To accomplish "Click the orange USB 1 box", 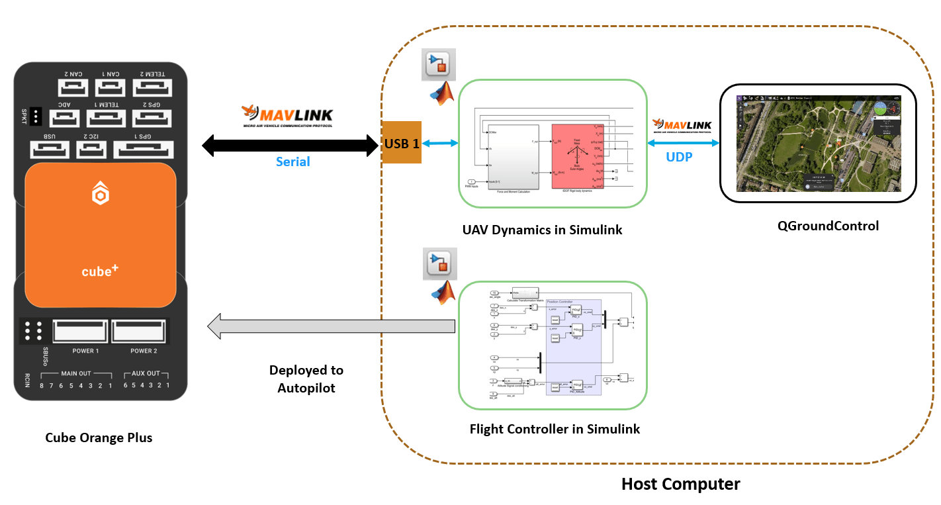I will pyautogui.click(x=402, y=142).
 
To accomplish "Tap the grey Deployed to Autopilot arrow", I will pyautogui.click(x=331, y=326).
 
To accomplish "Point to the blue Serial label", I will pyautogui.click(x=292, y=161).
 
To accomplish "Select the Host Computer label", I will pyautogui.click(x=680, y=484).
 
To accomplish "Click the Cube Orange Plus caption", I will pyautogui.click(x=99, y=437).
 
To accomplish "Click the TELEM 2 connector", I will pyautogui.click(x=153, y=87).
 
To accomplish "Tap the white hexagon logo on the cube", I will pyautogui.click(x=100, y=195).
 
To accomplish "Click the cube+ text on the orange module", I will pyautogui.click(x=100, y=271).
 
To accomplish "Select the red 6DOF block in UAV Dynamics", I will pyautogui.click(x=576, y=156).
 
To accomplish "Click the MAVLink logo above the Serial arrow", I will pyautogui.click(x=287, y=116).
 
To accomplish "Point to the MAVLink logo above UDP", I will pyautogui.click(x=682, y=126).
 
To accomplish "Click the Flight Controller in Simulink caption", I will pyautogui.click(x=555, y=429).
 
